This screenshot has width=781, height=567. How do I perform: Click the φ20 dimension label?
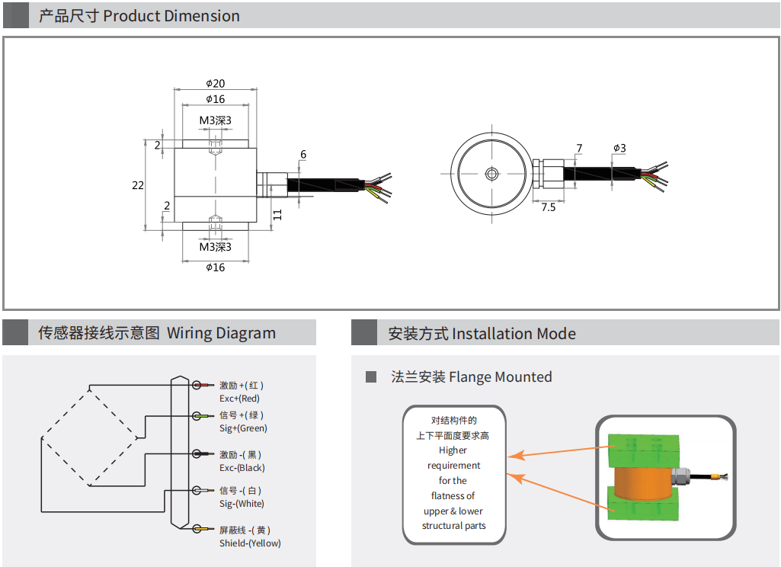coord(215,83)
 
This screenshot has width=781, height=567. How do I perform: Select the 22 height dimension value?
coord(137,185)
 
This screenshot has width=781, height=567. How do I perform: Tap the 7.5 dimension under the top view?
coord(548,207)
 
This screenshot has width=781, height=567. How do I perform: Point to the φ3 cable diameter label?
coord(619,148)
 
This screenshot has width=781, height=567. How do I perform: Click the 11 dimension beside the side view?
coord(277,215)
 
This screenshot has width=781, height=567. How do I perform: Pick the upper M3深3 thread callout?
coord(215,120)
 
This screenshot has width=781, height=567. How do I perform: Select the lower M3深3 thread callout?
coord(215,246)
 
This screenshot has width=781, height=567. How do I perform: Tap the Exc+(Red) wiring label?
coord(239,399)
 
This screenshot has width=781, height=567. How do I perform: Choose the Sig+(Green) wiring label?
coord(243,428)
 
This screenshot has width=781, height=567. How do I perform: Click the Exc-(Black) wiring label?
coord(242,467)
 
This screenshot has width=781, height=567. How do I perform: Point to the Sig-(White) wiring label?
coord(242,504)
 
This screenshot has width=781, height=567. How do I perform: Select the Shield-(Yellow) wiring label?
coord(250,543)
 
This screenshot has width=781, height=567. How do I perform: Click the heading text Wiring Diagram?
coord(221,333)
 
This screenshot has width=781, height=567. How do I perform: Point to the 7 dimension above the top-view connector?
coord(579,148)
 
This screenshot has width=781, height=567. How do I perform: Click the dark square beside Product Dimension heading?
coord(16,15)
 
